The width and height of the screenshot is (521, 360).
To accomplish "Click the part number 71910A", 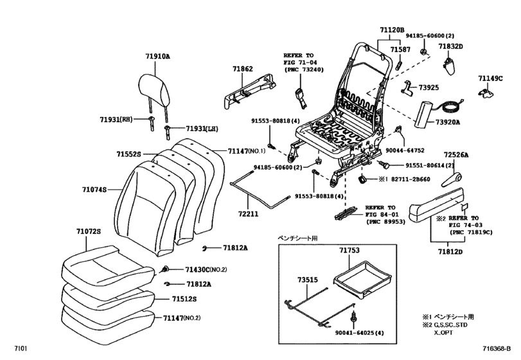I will click(x=157, y=57).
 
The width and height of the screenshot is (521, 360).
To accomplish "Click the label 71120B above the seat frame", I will click(x=391, y=30).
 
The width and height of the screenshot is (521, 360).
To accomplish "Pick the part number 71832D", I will click(x=451, y=47).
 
